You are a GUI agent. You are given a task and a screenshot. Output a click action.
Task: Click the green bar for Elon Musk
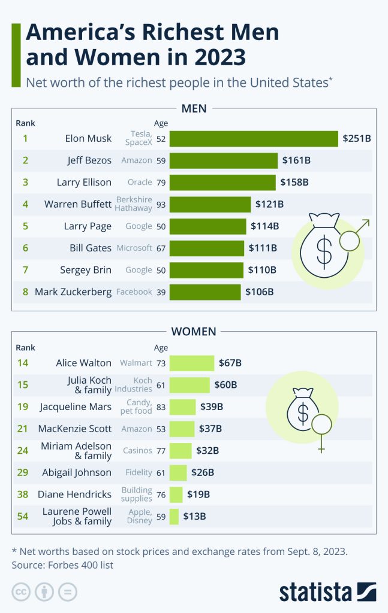(254, 138)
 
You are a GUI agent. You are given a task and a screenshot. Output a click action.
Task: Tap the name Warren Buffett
(78, 204)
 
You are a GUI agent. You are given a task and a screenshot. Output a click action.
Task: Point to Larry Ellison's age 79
(161, 182)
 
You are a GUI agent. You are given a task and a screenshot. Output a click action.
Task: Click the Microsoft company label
(134, 248)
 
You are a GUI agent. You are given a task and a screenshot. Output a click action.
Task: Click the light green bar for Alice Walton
(192, 363)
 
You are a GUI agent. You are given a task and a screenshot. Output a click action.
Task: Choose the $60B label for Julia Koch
(225, 384)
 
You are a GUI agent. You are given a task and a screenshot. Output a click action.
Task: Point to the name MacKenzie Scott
(76, 429)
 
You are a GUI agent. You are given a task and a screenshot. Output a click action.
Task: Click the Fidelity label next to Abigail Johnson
(139, 472)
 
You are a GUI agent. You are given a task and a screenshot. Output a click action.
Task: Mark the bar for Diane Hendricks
(176, 494)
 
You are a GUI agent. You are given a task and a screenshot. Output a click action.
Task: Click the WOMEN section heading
(194, 331)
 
